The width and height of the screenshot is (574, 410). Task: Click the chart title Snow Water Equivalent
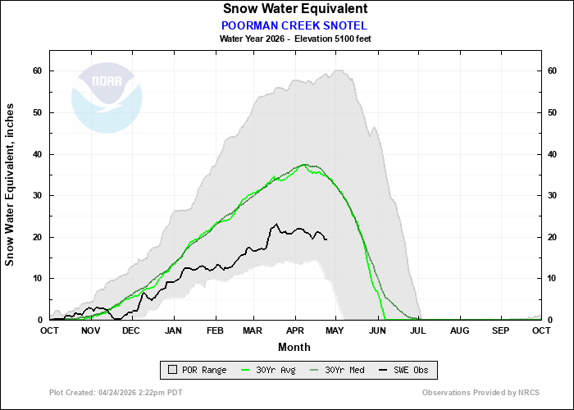point(295,8)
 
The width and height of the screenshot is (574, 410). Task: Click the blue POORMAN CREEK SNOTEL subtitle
point(294,25)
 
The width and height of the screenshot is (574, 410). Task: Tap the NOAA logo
point(107,97)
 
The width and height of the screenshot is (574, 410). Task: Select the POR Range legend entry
point(197,371)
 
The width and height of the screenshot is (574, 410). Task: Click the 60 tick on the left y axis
point(38,71)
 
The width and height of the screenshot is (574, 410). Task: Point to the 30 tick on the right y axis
point(553,196)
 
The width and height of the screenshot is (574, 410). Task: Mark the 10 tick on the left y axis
point(38,279)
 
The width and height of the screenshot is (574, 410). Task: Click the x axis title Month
point(294,347)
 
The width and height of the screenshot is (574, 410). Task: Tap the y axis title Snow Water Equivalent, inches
point(11,184)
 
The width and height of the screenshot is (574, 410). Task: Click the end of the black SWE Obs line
point(326,239)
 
